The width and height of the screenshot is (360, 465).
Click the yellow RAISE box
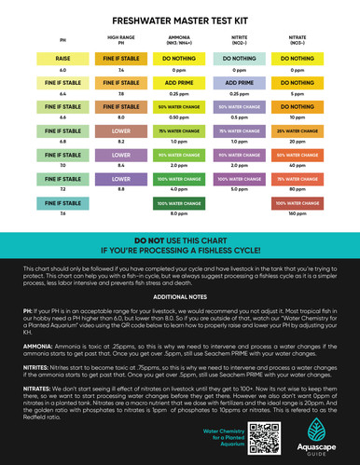click(x=63, y=58)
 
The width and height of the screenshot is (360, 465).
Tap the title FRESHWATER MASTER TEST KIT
click(x=180, y=19)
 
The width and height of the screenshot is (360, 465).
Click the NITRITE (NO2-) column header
click(x=238, y=40)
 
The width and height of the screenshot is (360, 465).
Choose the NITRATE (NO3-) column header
click(x=298, y=40)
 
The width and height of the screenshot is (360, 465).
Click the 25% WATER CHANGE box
click(x=298, y=130)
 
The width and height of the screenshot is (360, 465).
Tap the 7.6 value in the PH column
click(x=63, y=213)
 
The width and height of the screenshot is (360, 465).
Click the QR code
click(x=268, y=437)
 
